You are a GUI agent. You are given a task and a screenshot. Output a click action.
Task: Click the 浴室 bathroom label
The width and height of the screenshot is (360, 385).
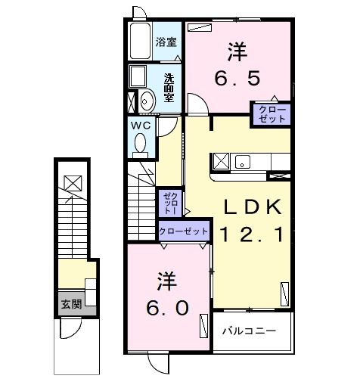pos(166,42)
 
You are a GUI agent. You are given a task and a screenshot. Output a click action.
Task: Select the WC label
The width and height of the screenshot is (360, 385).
pos(141,124)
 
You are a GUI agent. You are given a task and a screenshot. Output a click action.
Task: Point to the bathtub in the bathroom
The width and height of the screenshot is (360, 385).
pos(139,42)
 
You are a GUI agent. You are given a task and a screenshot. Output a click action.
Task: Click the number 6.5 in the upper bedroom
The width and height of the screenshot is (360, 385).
pos(236,78)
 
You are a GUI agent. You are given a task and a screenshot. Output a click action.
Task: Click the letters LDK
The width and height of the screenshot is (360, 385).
pos(253,206)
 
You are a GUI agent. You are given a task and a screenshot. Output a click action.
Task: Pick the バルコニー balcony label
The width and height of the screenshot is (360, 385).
pos(248,331)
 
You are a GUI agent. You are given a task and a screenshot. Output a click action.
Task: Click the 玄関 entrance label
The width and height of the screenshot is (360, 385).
pos(72,305)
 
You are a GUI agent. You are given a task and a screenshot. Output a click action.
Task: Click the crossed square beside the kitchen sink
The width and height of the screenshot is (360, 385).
pos(221,160)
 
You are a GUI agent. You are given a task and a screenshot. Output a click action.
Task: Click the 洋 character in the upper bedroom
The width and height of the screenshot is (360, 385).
pos(236,52)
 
